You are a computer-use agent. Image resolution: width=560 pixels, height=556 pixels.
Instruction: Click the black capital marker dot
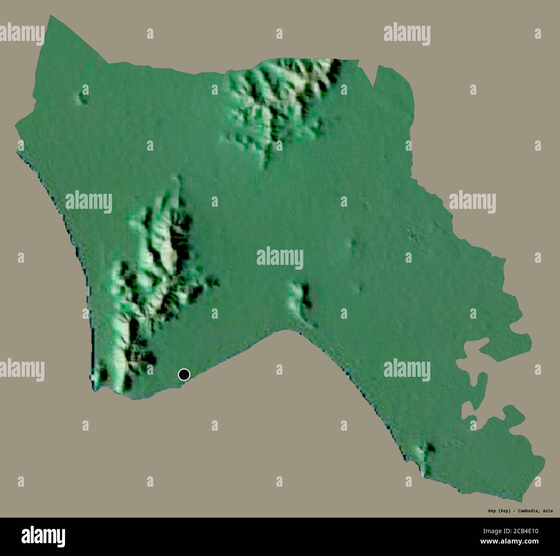pyautogui.click(x=184, y=375)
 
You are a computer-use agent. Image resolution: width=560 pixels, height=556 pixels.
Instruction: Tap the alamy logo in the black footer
pyautogui.click(x=43, y=536)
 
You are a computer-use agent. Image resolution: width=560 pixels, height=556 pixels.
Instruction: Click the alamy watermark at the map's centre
pyautogui.click(x=280, y=258)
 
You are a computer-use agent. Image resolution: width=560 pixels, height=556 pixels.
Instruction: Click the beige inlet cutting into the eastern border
pyautogui.click(x=474, y=370)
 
